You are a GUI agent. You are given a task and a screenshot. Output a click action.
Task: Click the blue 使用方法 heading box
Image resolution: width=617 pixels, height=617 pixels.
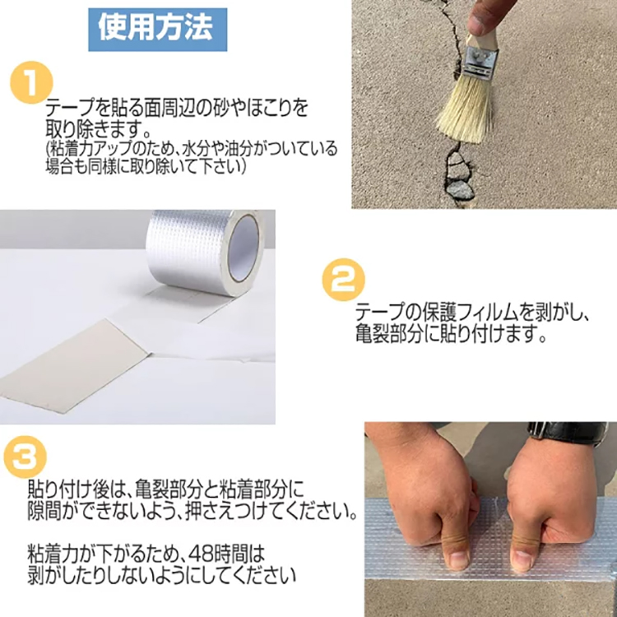(x=157, y=28)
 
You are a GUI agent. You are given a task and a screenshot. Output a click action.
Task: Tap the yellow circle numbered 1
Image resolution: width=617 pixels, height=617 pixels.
(x=31, y=83)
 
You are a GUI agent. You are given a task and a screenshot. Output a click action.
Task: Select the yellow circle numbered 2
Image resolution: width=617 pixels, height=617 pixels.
(x=343, y=281)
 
